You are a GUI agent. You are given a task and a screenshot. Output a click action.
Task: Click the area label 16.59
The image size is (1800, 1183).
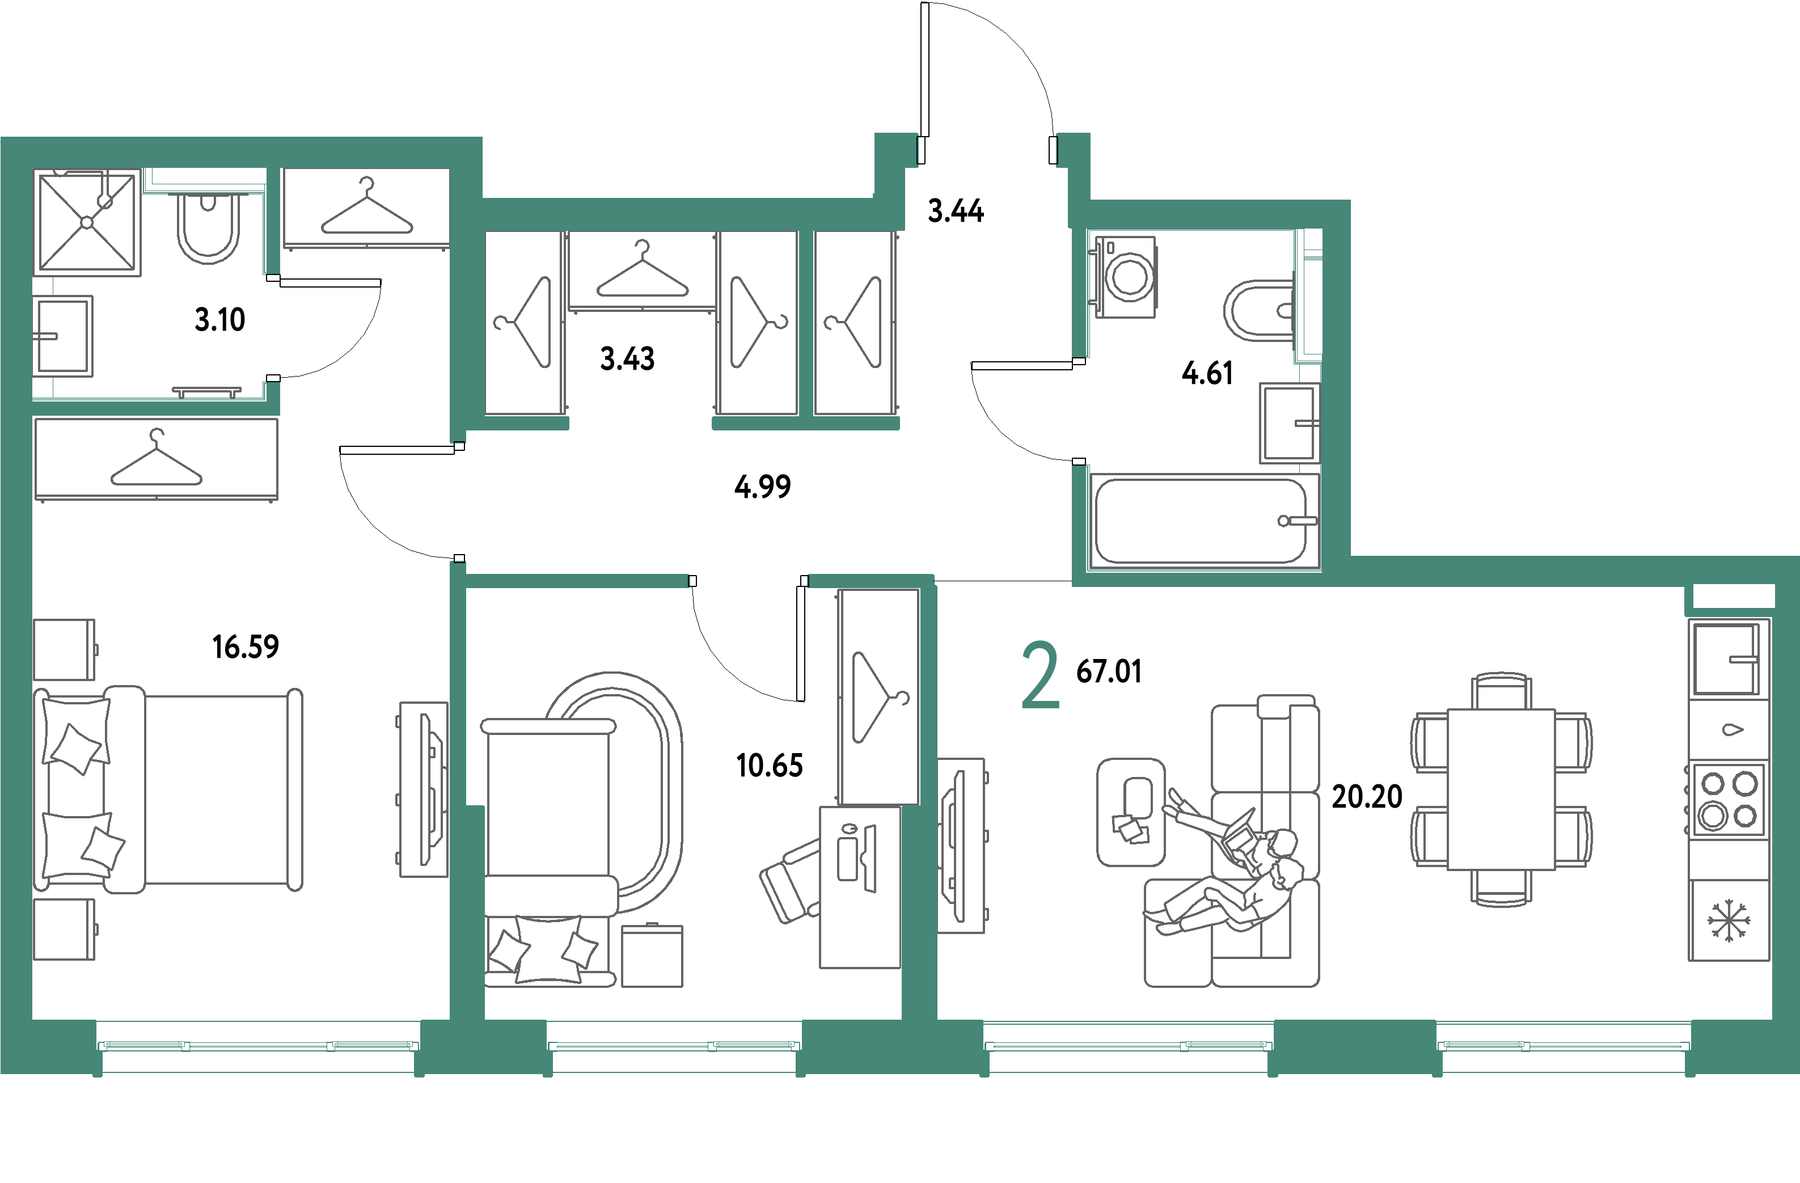(x=246, y=647)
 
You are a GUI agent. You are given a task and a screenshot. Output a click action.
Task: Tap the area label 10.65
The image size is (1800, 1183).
(x=769, y=766)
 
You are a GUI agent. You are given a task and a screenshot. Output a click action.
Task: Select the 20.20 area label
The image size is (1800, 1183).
(x=1367, y=796)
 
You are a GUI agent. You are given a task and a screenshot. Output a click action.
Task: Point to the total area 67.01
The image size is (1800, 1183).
(x=1109, y=671)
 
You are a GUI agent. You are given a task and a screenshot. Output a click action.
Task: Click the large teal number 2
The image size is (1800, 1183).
(x=1040, y=675)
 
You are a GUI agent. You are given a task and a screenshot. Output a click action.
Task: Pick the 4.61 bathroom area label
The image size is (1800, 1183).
(x=1207, y=373)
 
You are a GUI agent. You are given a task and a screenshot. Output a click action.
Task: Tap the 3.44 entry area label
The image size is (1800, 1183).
(x=955, y=210)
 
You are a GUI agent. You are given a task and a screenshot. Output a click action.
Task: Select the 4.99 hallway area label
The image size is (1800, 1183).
(x=762, y=487)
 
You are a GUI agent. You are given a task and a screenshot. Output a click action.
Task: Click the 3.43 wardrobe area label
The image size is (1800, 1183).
(x=627, y=358)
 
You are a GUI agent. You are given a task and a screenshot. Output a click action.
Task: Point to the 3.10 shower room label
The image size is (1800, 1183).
(x=220, y=320)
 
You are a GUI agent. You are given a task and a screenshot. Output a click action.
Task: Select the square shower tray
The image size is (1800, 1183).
(x=88, y=222)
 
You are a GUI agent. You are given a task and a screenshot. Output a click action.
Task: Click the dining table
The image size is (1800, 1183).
(x=1501, y=789)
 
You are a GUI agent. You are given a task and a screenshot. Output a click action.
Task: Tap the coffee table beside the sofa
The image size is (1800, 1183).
(x=1131, y=812)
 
